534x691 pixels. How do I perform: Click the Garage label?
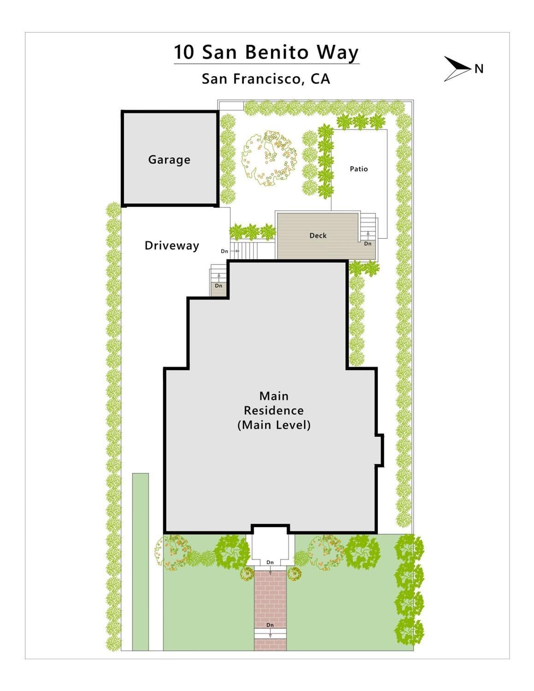click(169, 159)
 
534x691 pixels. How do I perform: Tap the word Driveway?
click(171, 245)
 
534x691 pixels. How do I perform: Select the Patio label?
click(358, 169)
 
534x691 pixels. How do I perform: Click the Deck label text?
click(318, 235)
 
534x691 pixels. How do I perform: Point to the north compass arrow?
click(456, 69)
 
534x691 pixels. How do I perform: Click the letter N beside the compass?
click(479, 69)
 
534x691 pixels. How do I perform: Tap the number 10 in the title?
click(184, 52)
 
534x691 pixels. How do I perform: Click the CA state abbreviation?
click(321, 79)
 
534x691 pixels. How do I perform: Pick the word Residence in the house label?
click(274, 410)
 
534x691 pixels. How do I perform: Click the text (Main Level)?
click(274, 425)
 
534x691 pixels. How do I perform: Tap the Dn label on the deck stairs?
click(368, 243)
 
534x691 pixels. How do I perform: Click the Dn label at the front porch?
click(270, 562)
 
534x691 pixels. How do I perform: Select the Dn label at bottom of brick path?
click(270, 625)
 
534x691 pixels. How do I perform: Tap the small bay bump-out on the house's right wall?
click(380, 450)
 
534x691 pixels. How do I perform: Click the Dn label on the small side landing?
click(218, 286)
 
